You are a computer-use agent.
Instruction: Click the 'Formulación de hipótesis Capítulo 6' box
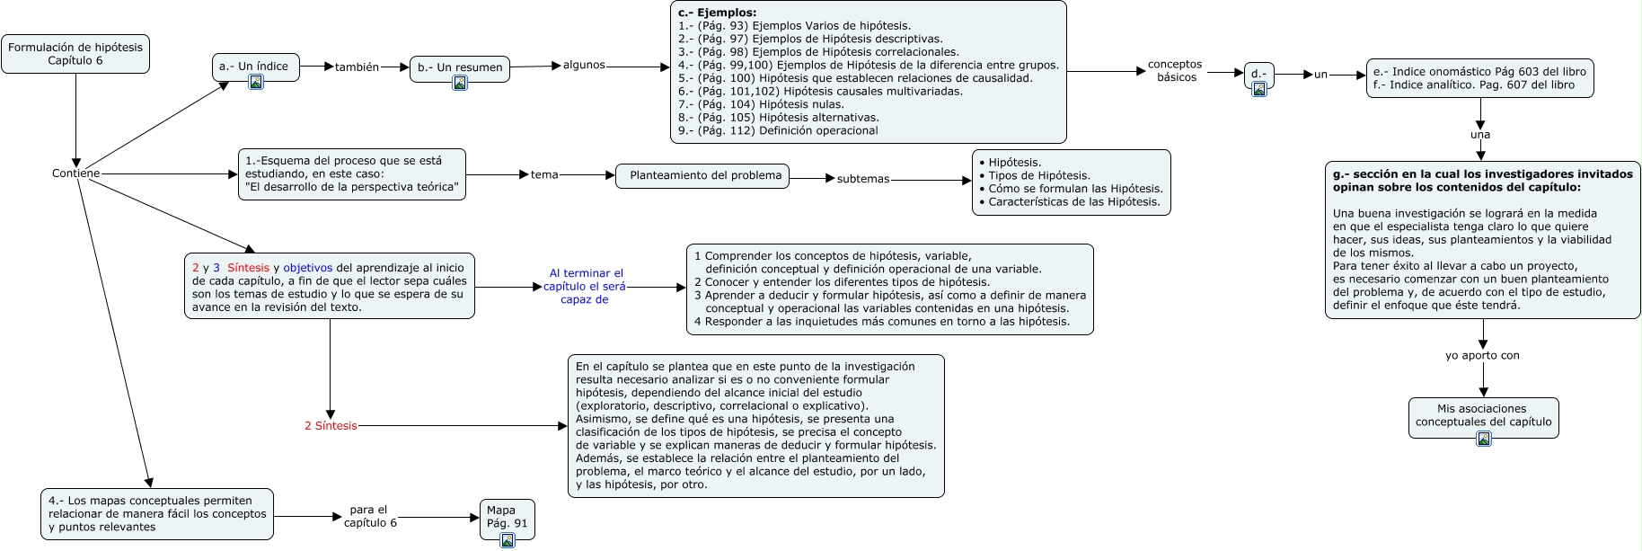pyautogui.click(x=75, y=54)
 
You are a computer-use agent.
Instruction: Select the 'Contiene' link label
pyautogui.click(x=75, y=173)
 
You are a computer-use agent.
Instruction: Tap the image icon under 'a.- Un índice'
pyautogui.click(x=256, y=83)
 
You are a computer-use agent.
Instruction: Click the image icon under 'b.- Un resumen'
pyautogui.click(x=460, y=83)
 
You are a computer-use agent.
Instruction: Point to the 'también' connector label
pyautogui.click(x=357, y=67)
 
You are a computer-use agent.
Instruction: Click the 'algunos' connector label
pyautogui.click(x=584, y=66)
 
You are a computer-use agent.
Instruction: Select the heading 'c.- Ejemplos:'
pyautogui.click(x=717, y=13)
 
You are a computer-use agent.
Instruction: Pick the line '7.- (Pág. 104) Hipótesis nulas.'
pyautogui.click(x=761, y=104)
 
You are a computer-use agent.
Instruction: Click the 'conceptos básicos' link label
pyautogui.click(x=1175, y=71)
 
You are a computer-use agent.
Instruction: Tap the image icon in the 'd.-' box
pyautogui.click(x=1258, y=89)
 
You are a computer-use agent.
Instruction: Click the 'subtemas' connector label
pyautogui.click(x=862, y=180)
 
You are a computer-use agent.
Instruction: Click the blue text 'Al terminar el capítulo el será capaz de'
pyautogui.click(x=585, y=287)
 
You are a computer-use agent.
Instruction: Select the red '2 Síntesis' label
pyautogui.click(x=331, y=426)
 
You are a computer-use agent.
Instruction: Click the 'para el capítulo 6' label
pyautogui.click(x=369, y=516)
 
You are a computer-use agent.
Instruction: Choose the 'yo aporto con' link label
pyautogui.click(x=1482, y=356)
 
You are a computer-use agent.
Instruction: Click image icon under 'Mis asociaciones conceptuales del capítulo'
pyautogui.click(x=1483, y=439)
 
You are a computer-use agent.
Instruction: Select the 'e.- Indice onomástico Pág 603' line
pyautogui.click(x=1479, y=72)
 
